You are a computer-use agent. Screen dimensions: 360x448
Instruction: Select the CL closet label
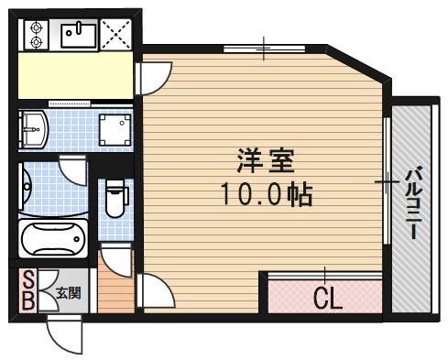tap(326, 299)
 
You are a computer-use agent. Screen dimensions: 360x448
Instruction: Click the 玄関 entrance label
tap(68, 293)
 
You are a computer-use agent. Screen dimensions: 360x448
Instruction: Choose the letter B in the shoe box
tap(27, 301)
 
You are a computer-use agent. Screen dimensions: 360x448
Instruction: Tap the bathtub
tap(53, 239)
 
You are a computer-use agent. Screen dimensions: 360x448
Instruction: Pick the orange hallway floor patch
tap(115, 293)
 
